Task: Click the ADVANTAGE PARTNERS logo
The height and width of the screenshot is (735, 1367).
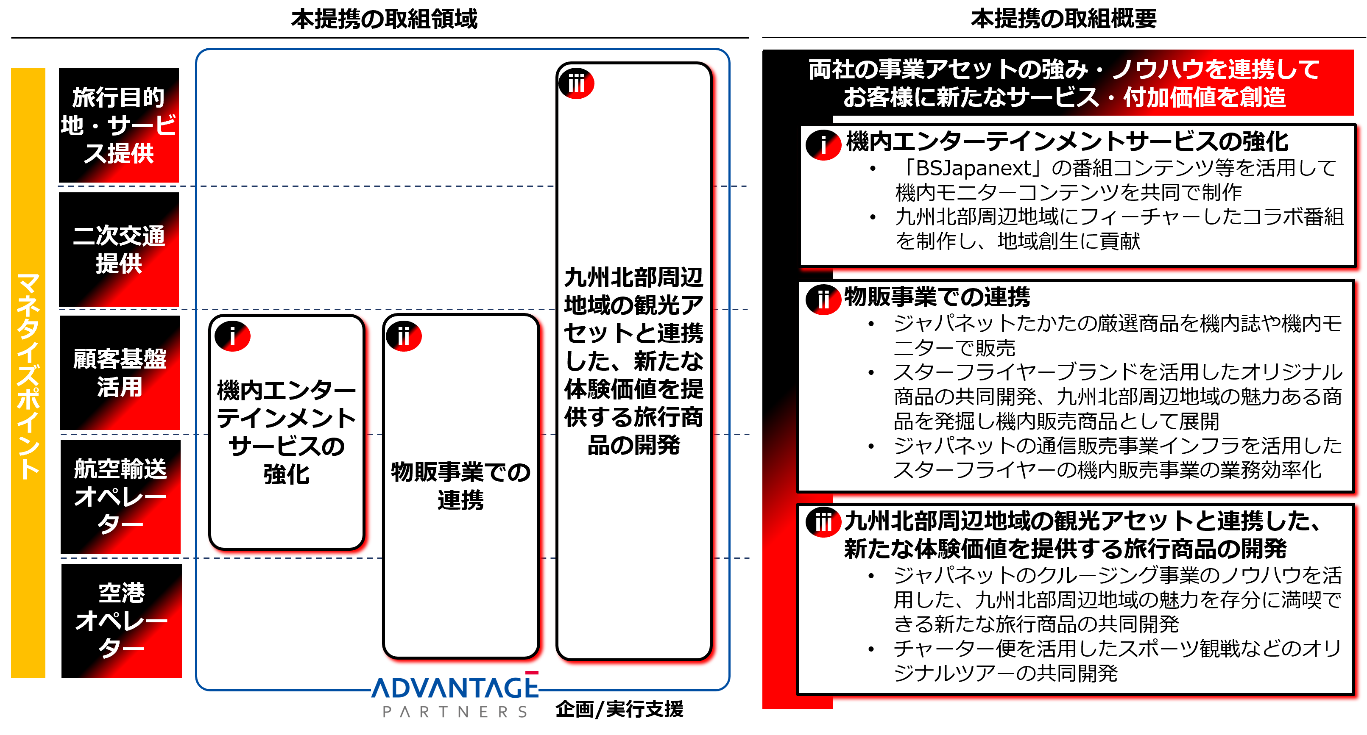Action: (455, 695)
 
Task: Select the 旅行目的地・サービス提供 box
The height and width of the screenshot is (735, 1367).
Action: (119, 126)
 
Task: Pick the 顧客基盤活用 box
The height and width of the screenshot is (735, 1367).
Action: (120, 373)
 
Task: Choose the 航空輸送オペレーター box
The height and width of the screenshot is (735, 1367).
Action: (120, 497)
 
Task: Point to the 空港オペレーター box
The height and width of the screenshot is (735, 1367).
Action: (122, 621)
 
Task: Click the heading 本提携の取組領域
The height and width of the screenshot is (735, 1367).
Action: (384, 19)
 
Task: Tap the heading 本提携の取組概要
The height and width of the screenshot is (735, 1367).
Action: (1063, 19)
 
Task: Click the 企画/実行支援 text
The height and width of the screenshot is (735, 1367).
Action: (619, 709)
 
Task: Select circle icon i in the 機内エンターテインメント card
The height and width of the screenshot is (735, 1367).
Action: (232, 336)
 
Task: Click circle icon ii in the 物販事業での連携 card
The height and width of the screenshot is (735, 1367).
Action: (404, 336)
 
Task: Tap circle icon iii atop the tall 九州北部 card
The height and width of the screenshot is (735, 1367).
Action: (576, 84)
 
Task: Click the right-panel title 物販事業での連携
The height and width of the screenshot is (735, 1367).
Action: (937, 297)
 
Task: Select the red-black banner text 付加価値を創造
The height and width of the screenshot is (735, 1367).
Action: (1205, 97)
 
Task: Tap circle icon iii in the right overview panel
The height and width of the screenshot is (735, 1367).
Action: (823, 522)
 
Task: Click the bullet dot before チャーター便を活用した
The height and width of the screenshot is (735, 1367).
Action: (871, 649)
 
